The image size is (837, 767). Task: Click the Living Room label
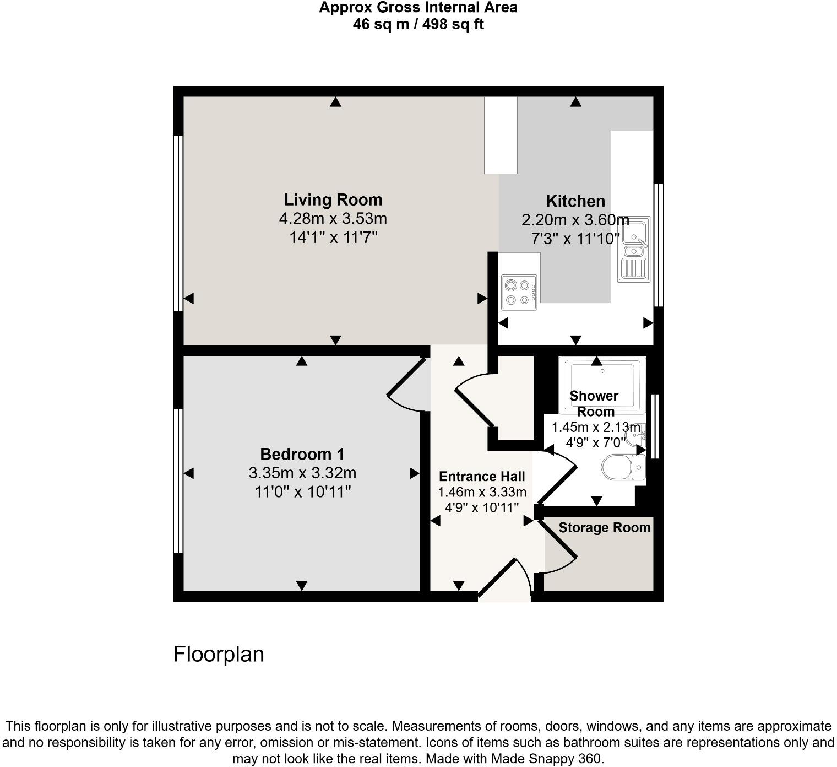point(333,199)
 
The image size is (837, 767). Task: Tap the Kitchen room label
point(575,201)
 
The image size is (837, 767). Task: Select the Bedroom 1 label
point(302,454)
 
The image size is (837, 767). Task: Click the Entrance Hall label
point(482,477)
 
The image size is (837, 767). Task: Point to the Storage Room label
point(604,528)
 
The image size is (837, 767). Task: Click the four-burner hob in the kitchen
point(519,292)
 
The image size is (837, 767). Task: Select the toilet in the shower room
point(622,468)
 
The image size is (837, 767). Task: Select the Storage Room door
point(559,545)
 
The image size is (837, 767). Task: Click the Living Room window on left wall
point(178,223)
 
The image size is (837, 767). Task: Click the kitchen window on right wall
point(659,245)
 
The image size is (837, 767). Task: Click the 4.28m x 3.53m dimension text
point(333,219)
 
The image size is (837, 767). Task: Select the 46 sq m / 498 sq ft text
point(418,25)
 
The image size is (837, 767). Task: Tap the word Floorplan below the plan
point(219,654)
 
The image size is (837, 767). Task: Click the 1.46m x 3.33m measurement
point(482,492)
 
